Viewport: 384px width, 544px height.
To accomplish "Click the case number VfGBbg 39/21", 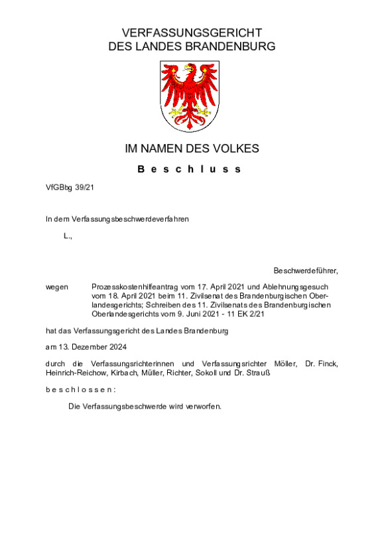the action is tap(70, 188).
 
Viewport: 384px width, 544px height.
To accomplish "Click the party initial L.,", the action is tap(68, 236).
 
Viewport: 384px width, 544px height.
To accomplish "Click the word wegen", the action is tap(56, 286).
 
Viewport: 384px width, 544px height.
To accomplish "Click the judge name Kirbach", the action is tap(123, 373).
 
